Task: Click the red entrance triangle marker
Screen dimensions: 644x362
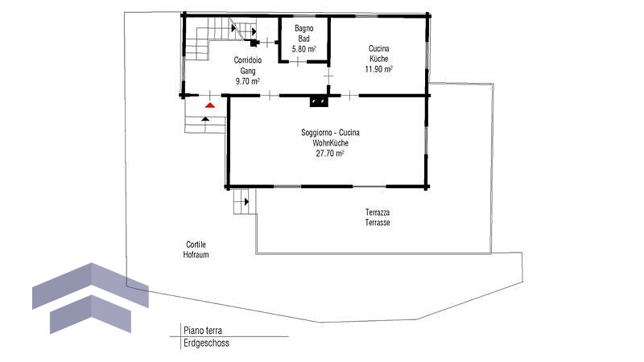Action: tap(210, 105)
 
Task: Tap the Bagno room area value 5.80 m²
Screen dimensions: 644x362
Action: tap(304, 49)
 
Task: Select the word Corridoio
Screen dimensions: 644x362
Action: tap(248, 60)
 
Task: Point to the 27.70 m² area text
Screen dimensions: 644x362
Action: tap(330, 154)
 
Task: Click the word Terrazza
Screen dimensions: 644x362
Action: tap(378, 212)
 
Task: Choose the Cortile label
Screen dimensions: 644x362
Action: tap(196, 245)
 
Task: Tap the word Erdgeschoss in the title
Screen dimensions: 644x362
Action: tap(206, 343)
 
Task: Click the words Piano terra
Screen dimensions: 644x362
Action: tap(203, 331)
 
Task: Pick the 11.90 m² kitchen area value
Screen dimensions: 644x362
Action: tap(378, 69)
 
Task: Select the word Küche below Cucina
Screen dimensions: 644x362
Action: tap(378, 59)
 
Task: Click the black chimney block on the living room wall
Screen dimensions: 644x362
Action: tap(319, 101)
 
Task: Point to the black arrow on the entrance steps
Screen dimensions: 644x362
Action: tap(205, 119)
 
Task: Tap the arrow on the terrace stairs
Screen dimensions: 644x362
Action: tap(246, 202)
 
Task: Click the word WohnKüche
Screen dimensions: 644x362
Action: tap(330, 143)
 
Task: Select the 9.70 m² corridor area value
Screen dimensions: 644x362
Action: tap(248, 81)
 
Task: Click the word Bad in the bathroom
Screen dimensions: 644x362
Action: tap(304, 39)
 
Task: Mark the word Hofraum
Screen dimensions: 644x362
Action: tap(196, 255)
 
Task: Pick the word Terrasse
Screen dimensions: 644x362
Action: tap(378, 223)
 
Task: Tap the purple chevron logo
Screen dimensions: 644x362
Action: tap(90, 298)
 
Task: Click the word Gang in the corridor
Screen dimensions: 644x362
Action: tap(248, 71)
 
